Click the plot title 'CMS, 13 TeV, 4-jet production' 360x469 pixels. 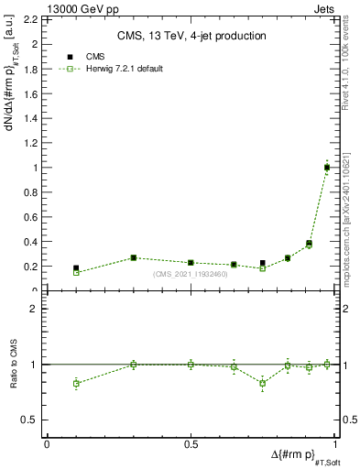(x=192, y=37)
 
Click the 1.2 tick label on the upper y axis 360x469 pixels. (x=33, y=143)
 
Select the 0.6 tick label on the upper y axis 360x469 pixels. (x=33, y=217)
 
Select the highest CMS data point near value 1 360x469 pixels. (x=327, y=167)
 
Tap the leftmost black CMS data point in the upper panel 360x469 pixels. (x=76, y=267)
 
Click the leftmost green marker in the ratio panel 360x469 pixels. (x=76, y=383)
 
